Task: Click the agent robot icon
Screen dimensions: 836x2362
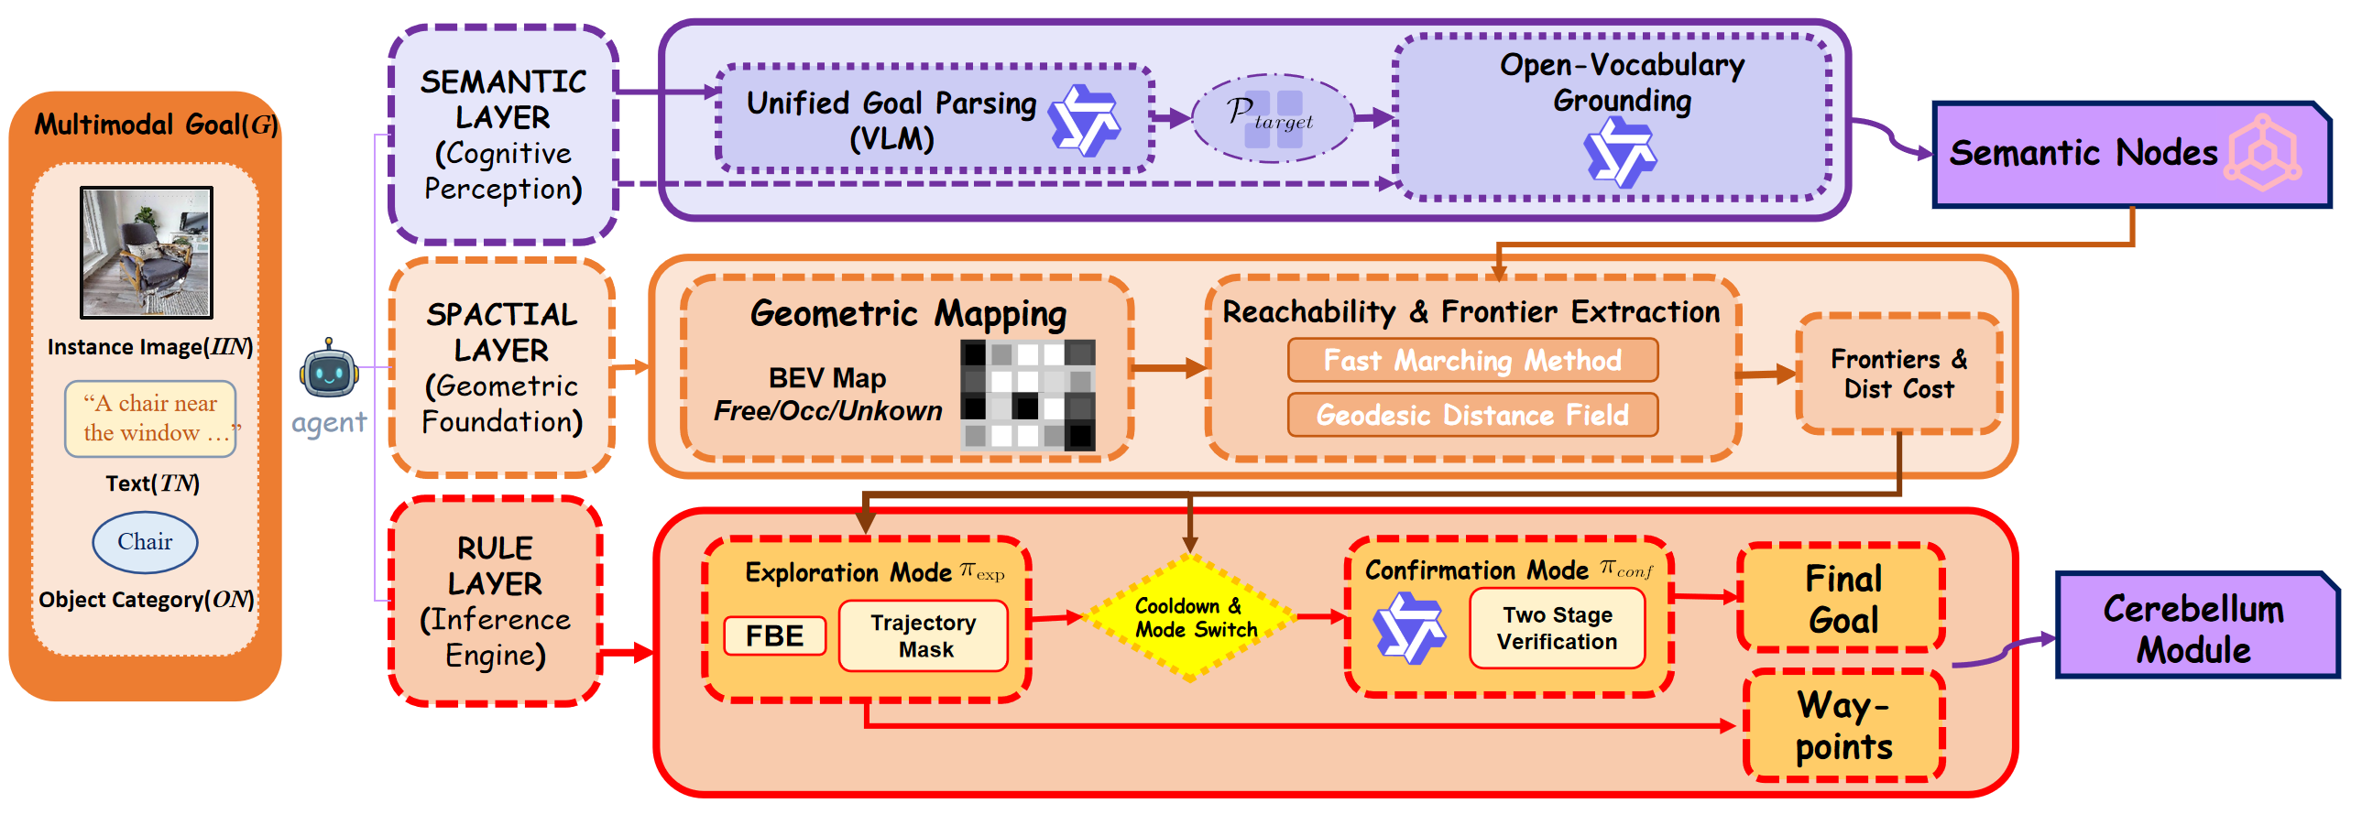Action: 328,368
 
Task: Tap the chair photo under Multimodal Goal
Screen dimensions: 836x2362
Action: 147,252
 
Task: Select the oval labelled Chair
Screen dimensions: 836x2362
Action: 145,542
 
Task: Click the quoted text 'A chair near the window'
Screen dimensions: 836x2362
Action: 150,418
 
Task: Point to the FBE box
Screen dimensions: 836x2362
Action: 775,635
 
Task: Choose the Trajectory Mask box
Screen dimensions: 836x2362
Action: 924,635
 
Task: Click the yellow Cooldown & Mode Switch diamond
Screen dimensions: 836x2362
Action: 1189,618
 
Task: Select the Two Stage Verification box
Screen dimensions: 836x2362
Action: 1557,628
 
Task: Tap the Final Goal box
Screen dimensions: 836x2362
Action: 1843,599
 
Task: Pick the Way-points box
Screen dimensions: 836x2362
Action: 1844,725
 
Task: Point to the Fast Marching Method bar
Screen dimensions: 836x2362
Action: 1472,360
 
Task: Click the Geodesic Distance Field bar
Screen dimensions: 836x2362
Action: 1472,415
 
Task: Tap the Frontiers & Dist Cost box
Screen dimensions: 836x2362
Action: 1899,374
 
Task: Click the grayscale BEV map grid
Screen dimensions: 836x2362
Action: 1028,394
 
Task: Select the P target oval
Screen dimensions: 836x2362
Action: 1272,117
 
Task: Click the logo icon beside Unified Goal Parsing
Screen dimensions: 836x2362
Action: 1084,119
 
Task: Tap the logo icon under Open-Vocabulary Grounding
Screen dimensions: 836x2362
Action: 1619,154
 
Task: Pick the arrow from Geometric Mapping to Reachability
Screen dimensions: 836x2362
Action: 1170,368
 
